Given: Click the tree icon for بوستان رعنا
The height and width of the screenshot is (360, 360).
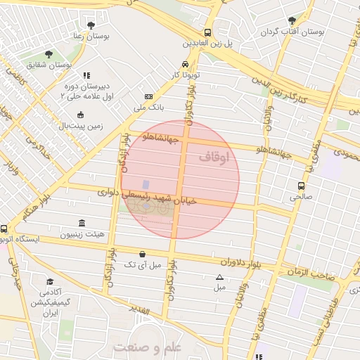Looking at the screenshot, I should (91, 25).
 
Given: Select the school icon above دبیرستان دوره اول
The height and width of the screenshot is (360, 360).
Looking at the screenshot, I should (86, 75).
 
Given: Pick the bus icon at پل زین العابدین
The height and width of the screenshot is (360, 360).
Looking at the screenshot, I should (207, 32).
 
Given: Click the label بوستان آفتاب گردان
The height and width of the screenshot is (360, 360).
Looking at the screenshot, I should (292, 32).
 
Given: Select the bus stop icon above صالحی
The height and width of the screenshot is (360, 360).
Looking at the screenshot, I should (301, 186).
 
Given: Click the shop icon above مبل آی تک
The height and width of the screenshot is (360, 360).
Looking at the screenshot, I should (143, 254).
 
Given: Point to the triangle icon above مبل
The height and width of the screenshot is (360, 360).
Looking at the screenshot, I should (219, 278).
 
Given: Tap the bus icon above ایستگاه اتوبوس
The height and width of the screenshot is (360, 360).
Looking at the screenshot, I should (4, 229).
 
